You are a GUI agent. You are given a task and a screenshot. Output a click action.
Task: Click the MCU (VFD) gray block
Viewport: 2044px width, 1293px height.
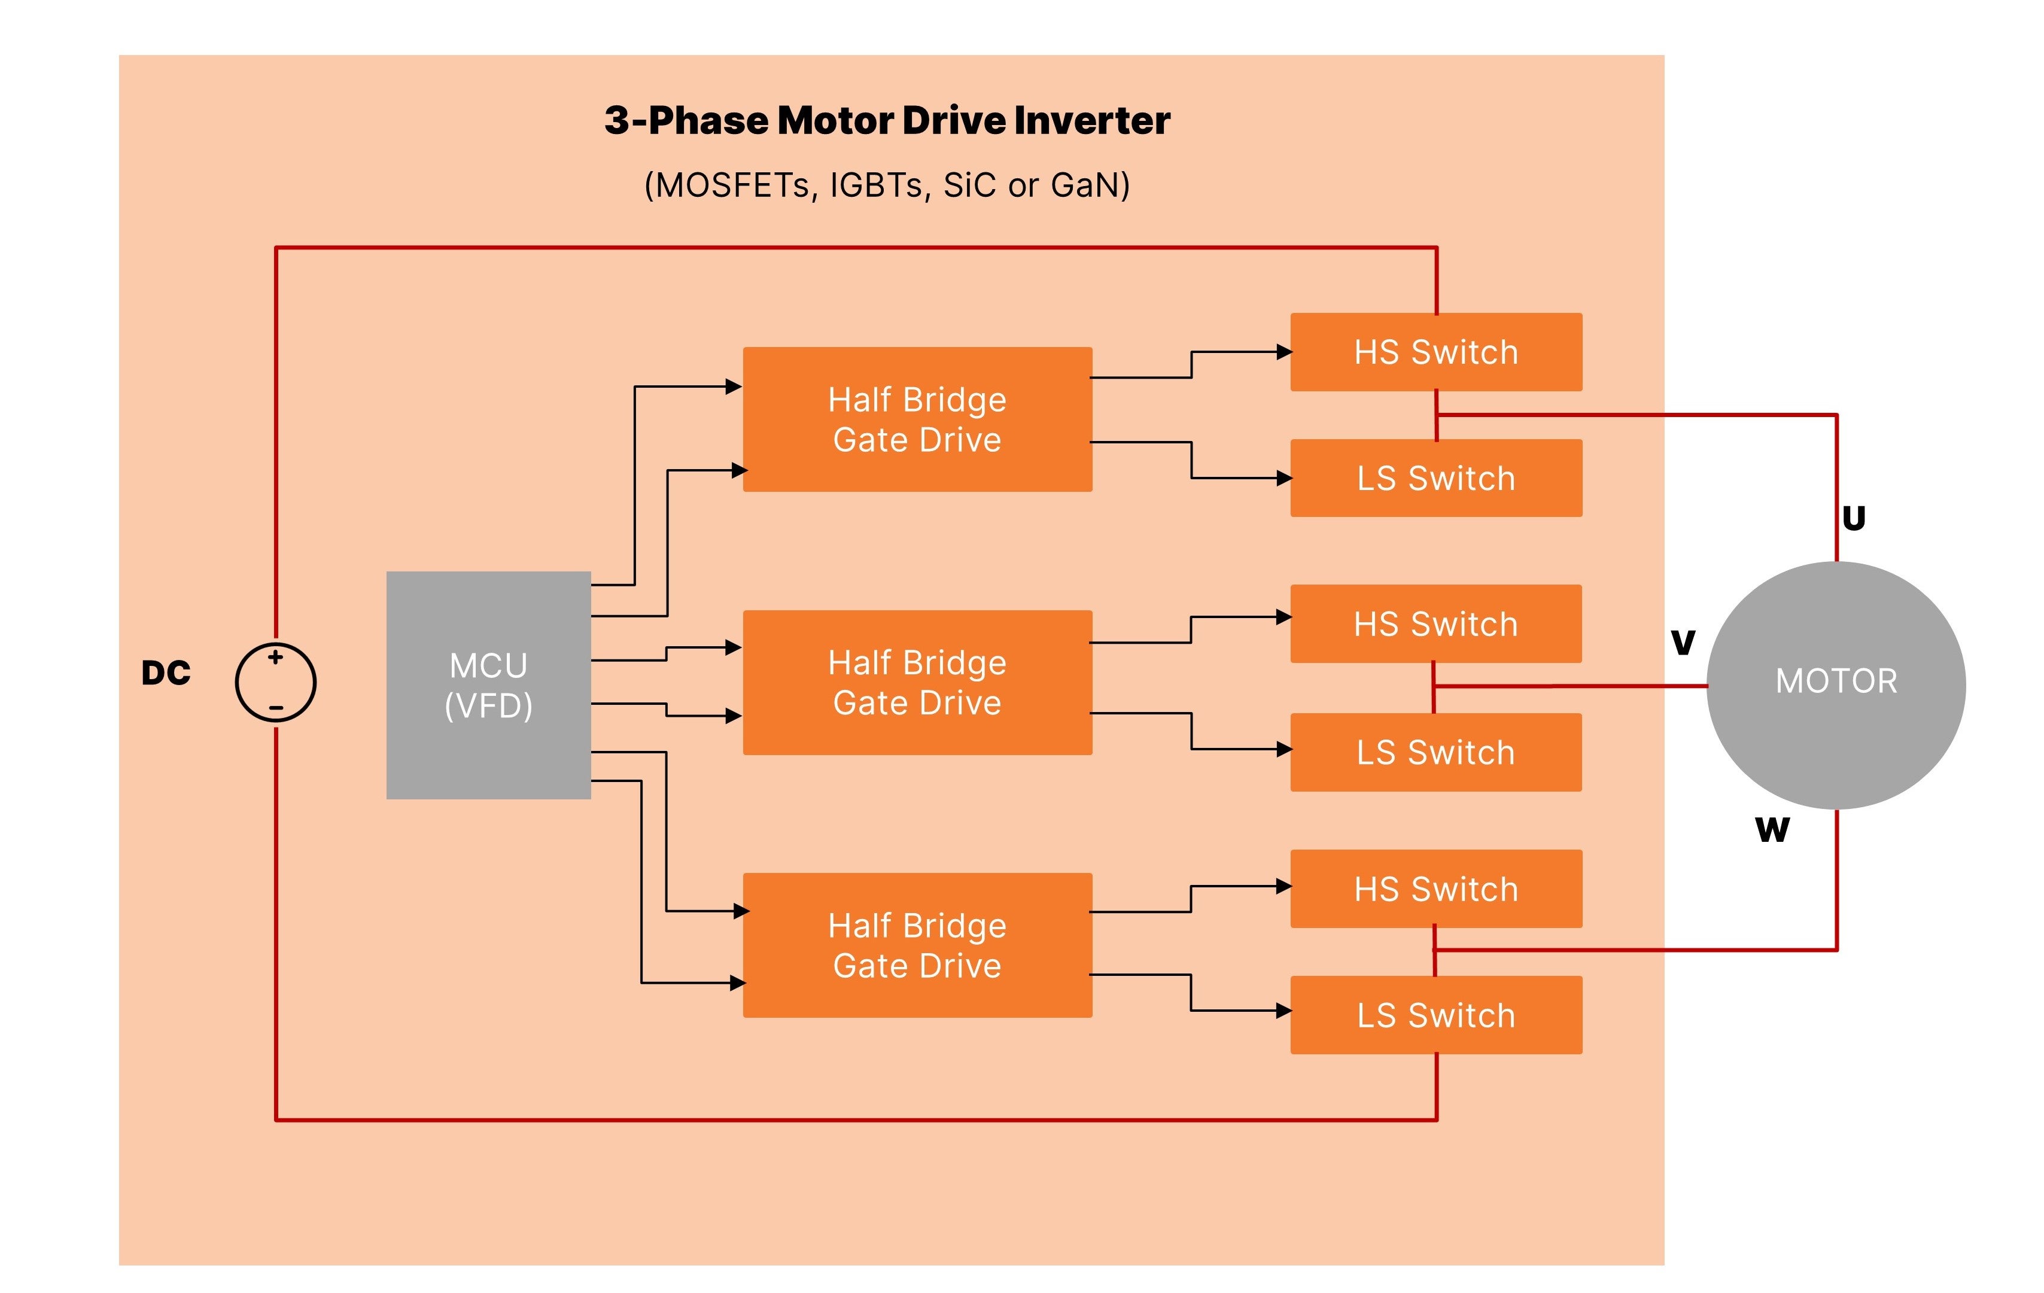(488, 684)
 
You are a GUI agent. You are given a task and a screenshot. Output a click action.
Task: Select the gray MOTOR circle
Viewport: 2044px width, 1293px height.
(1835, 684)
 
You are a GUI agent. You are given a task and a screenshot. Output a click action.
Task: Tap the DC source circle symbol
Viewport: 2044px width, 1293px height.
(276, 683)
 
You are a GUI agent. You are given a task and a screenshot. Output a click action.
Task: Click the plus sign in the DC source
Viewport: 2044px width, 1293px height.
(275, 657)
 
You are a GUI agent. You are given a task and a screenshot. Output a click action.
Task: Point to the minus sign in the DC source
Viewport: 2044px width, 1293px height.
(276, 707)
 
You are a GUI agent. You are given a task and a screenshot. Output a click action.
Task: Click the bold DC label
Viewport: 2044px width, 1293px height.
(166, 673)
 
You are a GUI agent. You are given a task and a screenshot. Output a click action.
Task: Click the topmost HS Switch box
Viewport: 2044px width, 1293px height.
(1435, 351)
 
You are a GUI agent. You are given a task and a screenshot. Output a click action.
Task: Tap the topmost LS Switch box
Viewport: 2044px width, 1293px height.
(1435, 478)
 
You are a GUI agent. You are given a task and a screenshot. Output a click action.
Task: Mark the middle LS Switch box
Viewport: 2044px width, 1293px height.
(1435, 752)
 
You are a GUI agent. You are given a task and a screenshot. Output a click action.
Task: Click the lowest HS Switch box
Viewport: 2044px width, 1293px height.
(1435, 889)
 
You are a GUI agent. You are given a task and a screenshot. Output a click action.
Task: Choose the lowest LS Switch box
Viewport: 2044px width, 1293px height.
(1435, 1015)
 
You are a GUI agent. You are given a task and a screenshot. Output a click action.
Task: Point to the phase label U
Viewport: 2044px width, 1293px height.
(1853, 518)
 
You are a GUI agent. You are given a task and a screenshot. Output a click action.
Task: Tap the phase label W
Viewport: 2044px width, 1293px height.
(1772, 829)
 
